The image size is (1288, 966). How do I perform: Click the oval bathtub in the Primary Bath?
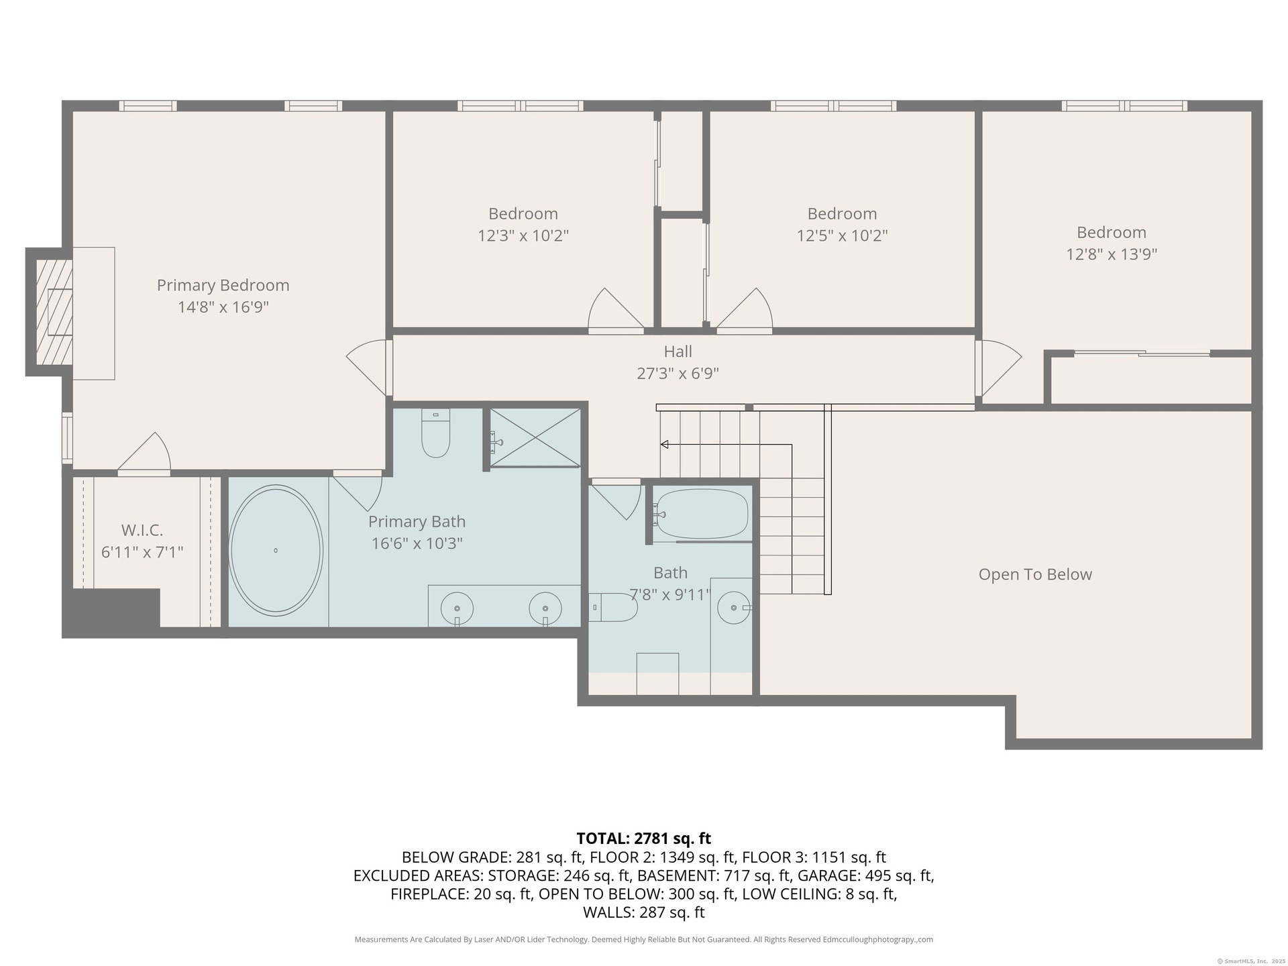[276, 550]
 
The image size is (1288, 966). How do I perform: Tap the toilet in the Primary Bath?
[435, 433]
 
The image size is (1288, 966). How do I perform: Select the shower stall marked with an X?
[535, 437]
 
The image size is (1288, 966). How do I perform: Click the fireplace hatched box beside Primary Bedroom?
[54, 313]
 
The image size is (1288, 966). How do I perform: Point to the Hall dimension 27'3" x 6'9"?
[678, 374]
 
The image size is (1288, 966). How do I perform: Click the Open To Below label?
[1035, 574]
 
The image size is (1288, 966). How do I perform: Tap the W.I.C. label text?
[142, 531]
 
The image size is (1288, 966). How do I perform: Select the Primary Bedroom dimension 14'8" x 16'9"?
[223, 307]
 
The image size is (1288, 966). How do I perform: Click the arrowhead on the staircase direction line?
[664, 444]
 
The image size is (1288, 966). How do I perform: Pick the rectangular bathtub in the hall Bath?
[701, 514]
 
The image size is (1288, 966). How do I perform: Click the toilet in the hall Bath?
[613, 607]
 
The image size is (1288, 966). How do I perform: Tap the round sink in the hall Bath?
[733, 608]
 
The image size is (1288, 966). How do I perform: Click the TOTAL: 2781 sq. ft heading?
[643, 839]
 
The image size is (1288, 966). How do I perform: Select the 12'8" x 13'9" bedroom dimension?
[1112, 254]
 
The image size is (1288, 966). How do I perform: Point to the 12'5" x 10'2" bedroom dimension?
[842, 236]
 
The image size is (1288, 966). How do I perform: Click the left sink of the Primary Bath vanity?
[457, 608]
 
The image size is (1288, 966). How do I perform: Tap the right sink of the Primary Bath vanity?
[545, 608]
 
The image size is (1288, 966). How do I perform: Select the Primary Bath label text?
[417, 522]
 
